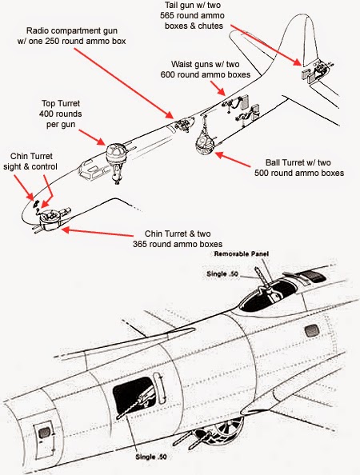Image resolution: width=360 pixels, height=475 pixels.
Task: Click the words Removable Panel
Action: coord(242,253)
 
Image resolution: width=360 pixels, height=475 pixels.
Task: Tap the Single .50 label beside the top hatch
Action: coord(222,273)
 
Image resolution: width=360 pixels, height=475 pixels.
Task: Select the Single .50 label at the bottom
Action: coord(151,457)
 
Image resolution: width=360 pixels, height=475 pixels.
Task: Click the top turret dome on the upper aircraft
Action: coord(116,150)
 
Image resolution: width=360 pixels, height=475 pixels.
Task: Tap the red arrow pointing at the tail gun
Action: coord(266,45)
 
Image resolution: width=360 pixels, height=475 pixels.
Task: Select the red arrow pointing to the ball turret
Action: coord(233,159)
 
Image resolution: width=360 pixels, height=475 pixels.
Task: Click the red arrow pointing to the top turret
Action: coord(92,137)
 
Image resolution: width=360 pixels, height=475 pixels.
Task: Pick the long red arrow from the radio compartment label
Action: coord(124,83)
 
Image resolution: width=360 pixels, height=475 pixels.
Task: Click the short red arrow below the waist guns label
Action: coord(218,89)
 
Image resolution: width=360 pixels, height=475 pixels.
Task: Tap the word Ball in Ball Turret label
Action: coord(272,162)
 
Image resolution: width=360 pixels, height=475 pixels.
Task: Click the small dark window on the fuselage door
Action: coord(44,433)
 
